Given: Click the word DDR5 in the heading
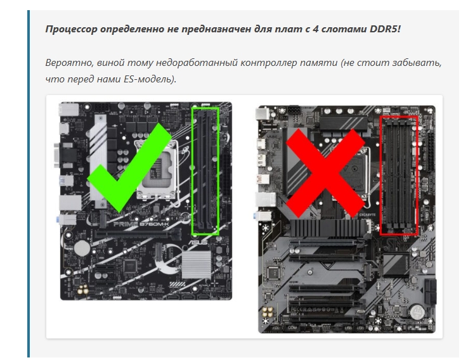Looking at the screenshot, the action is pos(384,29).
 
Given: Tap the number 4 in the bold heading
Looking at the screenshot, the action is pos(315,29).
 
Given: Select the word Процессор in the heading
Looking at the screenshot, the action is pos(71,29).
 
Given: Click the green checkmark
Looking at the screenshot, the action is pos(129,167).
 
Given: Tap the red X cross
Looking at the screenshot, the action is pos(325,173).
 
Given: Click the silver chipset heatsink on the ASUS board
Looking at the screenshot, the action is pos(197,265).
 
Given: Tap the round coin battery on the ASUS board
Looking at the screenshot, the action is pos(82,248).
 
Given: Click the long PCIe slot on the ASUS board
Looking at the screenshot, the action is pos(131,235).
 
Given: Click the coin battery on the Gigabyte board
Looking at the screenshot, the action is pos(417,312).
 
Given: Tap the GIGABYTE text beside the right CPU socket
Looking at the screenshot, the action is pos(368,215).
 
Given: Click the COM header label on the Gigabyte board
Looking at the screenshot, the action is pos(292,328).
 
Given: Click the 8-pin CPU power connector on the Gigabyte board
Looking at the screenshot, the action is pos(294,111).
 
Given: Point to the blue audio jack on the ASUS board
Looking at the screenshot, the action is pos(56,219).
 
